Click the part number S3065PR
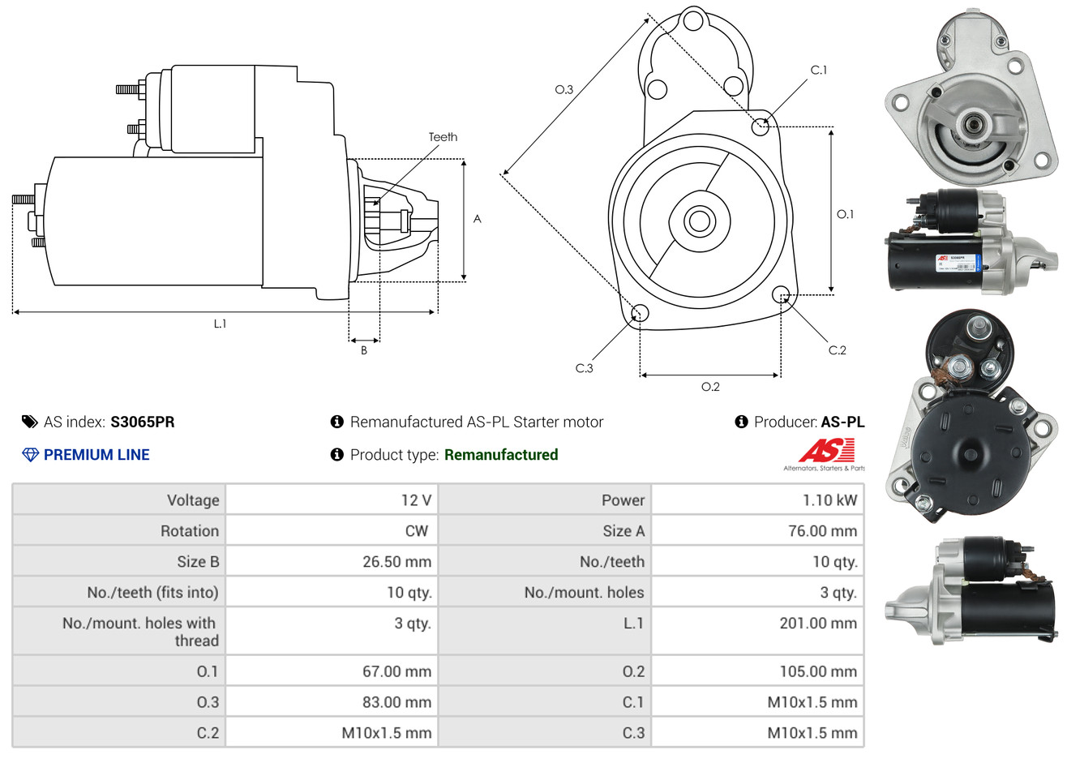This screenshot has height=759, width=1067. (142, 422)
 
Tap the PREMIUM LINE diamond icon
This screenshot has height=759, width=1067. (30, 455)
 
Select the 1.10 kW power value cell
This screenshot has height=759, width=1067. (829, 500)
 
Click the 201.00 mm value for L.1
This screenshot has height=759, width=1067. (817, 624)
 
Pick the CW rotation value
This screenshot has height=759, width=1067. (416, 531)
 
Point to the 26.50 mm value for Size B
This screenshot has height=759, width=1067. (396, 562)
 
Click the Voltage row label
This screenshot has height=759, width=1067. (193, 500)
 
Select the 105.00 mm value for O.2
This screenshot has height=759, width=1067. (817, 671)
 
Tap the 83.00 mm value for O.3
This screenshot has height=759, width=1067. (396, 702)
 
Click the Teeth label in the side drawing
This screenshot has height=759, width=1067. (443, 137)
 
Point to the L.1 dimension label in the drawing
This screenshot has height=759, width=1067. (220, 324)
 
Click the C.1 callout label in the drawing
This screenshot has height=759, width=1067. (819, 70)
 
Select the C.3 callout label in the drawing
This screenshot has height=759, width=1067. (584, 368)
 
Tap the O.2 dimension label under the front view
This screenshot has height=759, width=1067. (710, 387)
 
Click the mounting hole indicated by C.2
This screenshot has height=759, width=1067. (781, 294)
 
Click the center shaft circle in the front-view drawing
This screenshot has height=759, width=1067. (698, 220)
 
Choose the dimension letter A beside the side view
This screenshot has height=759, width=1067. (477, 219)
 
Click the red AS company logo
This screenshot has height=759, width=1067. (825, 451)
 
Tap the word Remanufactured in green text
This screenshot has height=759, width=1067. (501, 455)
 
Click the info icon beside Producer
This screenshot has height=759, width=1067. (741, 422)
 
